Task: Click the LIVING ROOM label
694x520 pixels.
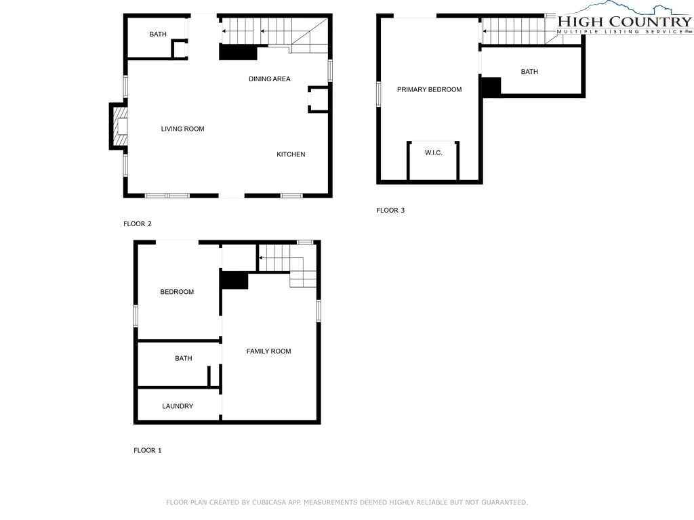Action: click(182, 129)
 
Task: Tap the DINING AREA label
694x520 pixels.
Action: click(269, 79)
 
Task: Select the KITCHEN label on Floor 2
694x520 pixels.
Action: click(291, 154)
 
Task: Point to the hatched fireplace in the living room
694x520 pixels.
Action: click(121, 127)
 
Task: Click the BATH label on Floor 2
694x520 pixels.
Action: click(157, 34)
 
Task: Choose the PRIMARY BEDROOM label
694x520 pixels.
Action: click(429, 89)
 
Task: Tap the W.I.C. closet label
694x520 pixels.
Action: click(433, 152)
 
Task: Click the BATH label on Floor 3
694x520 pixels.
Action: click(529, 72)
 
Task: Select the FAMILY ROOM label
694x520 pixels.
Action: click(268, 351)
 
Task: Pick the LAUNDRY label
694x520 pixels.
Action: click(178, 406)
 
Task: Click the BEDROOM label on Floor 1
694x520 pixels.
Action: click(177, 292)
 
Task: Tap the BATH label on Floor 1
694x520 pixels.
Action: click(183, 358)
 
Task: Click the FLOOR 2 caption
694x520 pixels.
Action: click(137, 223)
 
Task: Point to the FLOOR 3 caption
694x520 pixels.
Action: click(390, 210)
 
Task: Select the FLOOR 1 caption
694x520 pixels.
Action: click(147, 450)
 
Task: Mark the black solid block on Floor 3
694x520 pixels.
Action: click(491, 87)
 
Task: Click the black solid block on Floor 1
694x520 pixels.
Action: click(234, 280)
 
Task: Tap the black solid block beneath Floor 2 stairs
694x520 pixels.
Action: click(238, 52)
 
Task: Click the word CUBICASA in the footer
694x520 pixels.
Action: click(269, 502)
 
